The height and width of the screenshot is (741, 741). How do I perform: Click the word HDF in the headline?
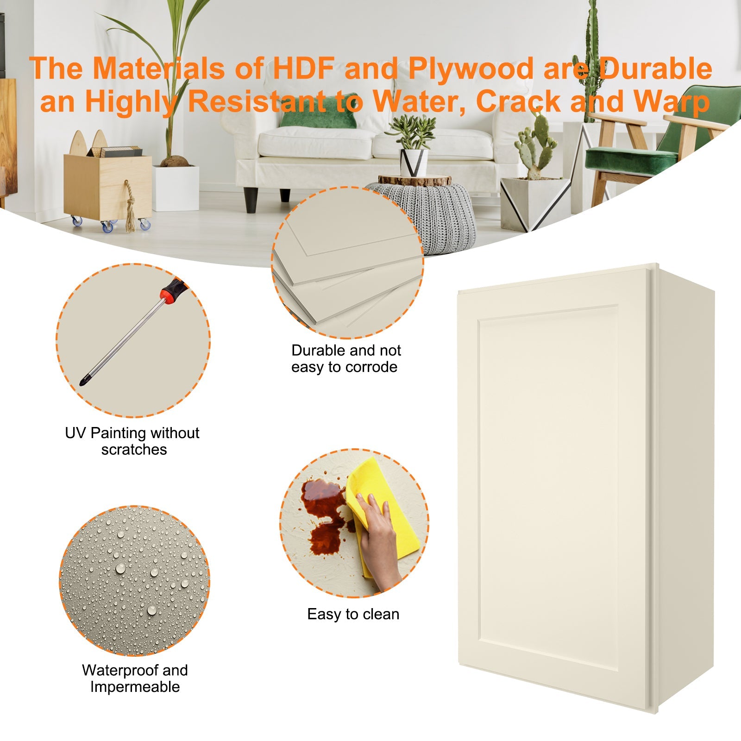point(303,69)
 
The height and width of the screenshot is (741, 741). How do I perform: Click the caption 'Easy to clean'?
point(353,614)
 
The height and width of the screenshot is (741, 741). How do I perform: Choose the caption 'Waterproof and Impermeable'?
point(134,678)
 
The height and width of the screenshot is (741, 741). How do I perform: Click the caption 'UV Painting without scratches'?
point(132,441)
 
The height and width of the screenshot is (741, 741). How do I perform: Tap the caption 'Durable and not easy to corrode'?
point(345,358)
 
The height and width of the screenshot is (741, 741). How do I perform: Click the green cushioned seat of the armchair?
point(630,160)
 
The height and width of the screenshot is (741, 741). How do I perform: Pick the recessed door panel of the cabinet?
point(549,491)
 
